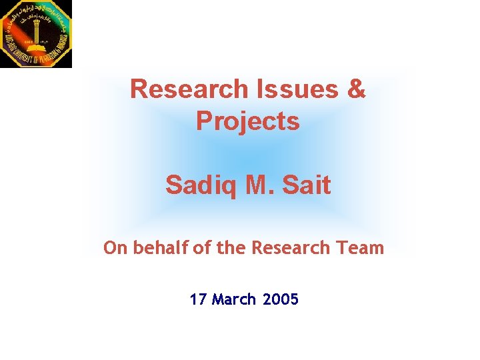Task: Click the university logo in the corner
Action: coord(35,33)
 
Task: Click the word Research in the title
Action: coord(189,89)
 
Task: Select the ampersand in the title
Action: coord(357,89)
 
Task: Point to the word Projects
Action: coord(248,122)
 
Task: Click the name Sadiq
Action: coord(201,185)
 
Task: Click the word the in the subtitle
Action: coord(231,248)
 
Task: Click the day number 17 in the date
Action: coord(198,299)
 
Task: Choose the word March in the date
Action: coord(234,299)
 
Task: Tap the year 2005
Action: coord(281,299)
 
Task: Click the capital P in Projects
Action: coord(205,122)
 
